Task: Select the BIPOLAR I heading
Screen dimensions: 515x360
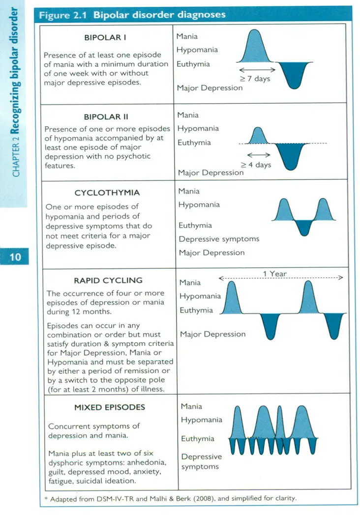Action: click(107, 37)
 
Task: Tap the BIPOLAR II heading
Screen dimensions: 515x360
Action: click(106, 117)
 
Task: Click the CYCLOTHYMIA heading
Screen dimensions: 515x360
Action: click(107, 193)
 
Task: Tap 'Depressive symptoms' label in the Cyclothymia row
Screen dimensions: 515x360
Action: click(218, 239)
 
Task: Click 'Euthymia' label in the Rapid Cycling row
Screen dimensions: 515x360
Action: click(196, 311)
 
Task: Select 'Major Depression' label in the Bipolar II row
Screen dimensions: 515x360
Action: click(210, 172)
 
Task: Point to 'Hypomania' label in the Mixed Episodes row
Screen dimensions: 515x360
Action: click(201, 420)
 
